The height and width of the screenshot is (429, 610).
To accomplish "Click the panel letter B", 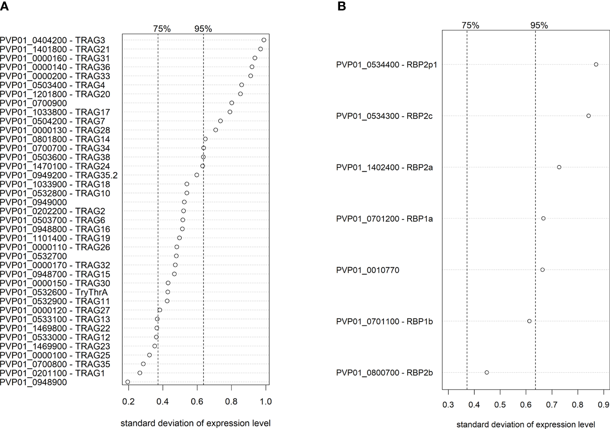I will (x=342, y=6).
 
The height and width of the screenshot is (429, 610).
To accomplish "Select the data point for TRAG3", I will (x=264, y=40).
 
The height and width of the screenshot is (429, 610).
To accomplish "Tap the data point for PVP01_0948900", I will (x=127, y=382).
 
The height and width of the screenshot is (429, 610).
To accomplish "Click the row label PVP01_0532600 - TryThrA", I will (x=54, y=293).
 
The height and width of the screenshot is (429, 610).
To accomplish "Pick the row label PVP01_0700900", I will (x=34, y=103).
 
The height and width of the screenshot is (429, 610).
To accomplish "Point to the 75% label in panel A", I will (x=162, y=29).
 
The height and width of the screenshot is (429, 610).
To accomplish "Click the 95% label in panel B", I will (x=539, y=25).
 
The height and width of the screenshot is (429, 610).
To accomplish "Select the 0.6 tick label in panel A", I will (x=197, y=401).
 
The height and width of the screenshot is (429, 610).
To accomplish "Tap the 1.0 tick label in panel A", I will (x=266, y=401).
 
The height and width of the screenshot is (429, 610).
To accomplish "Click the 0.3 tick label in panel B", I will (x=448, y=405).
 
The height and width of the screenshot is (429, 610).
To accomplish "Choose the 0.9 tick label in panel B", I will (x=604, y=405).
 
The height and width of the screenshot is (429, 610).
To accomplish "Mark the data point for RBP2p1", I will (x=596, y=65).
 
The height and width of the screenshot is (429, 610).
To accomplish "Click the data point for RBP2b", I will (x=486, y=372).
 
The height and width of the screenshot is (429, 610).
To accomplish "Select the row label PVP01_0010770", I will (x=368, y=270).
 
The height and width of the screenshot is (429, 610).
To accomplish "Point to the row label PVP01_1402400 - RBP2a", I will (x=384, y=167).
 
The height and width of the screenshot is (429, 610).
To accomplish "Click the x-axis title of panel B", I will (x=526, y=425).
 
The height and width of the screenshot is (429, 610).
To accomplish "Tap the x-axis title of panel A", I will (x=195, y=423).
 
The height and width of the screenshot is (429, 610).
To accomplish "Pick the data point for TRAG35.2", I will (x=197, y=175).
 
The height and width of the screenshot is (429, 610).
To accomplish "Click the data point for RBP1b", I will (x=529, y=321).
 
